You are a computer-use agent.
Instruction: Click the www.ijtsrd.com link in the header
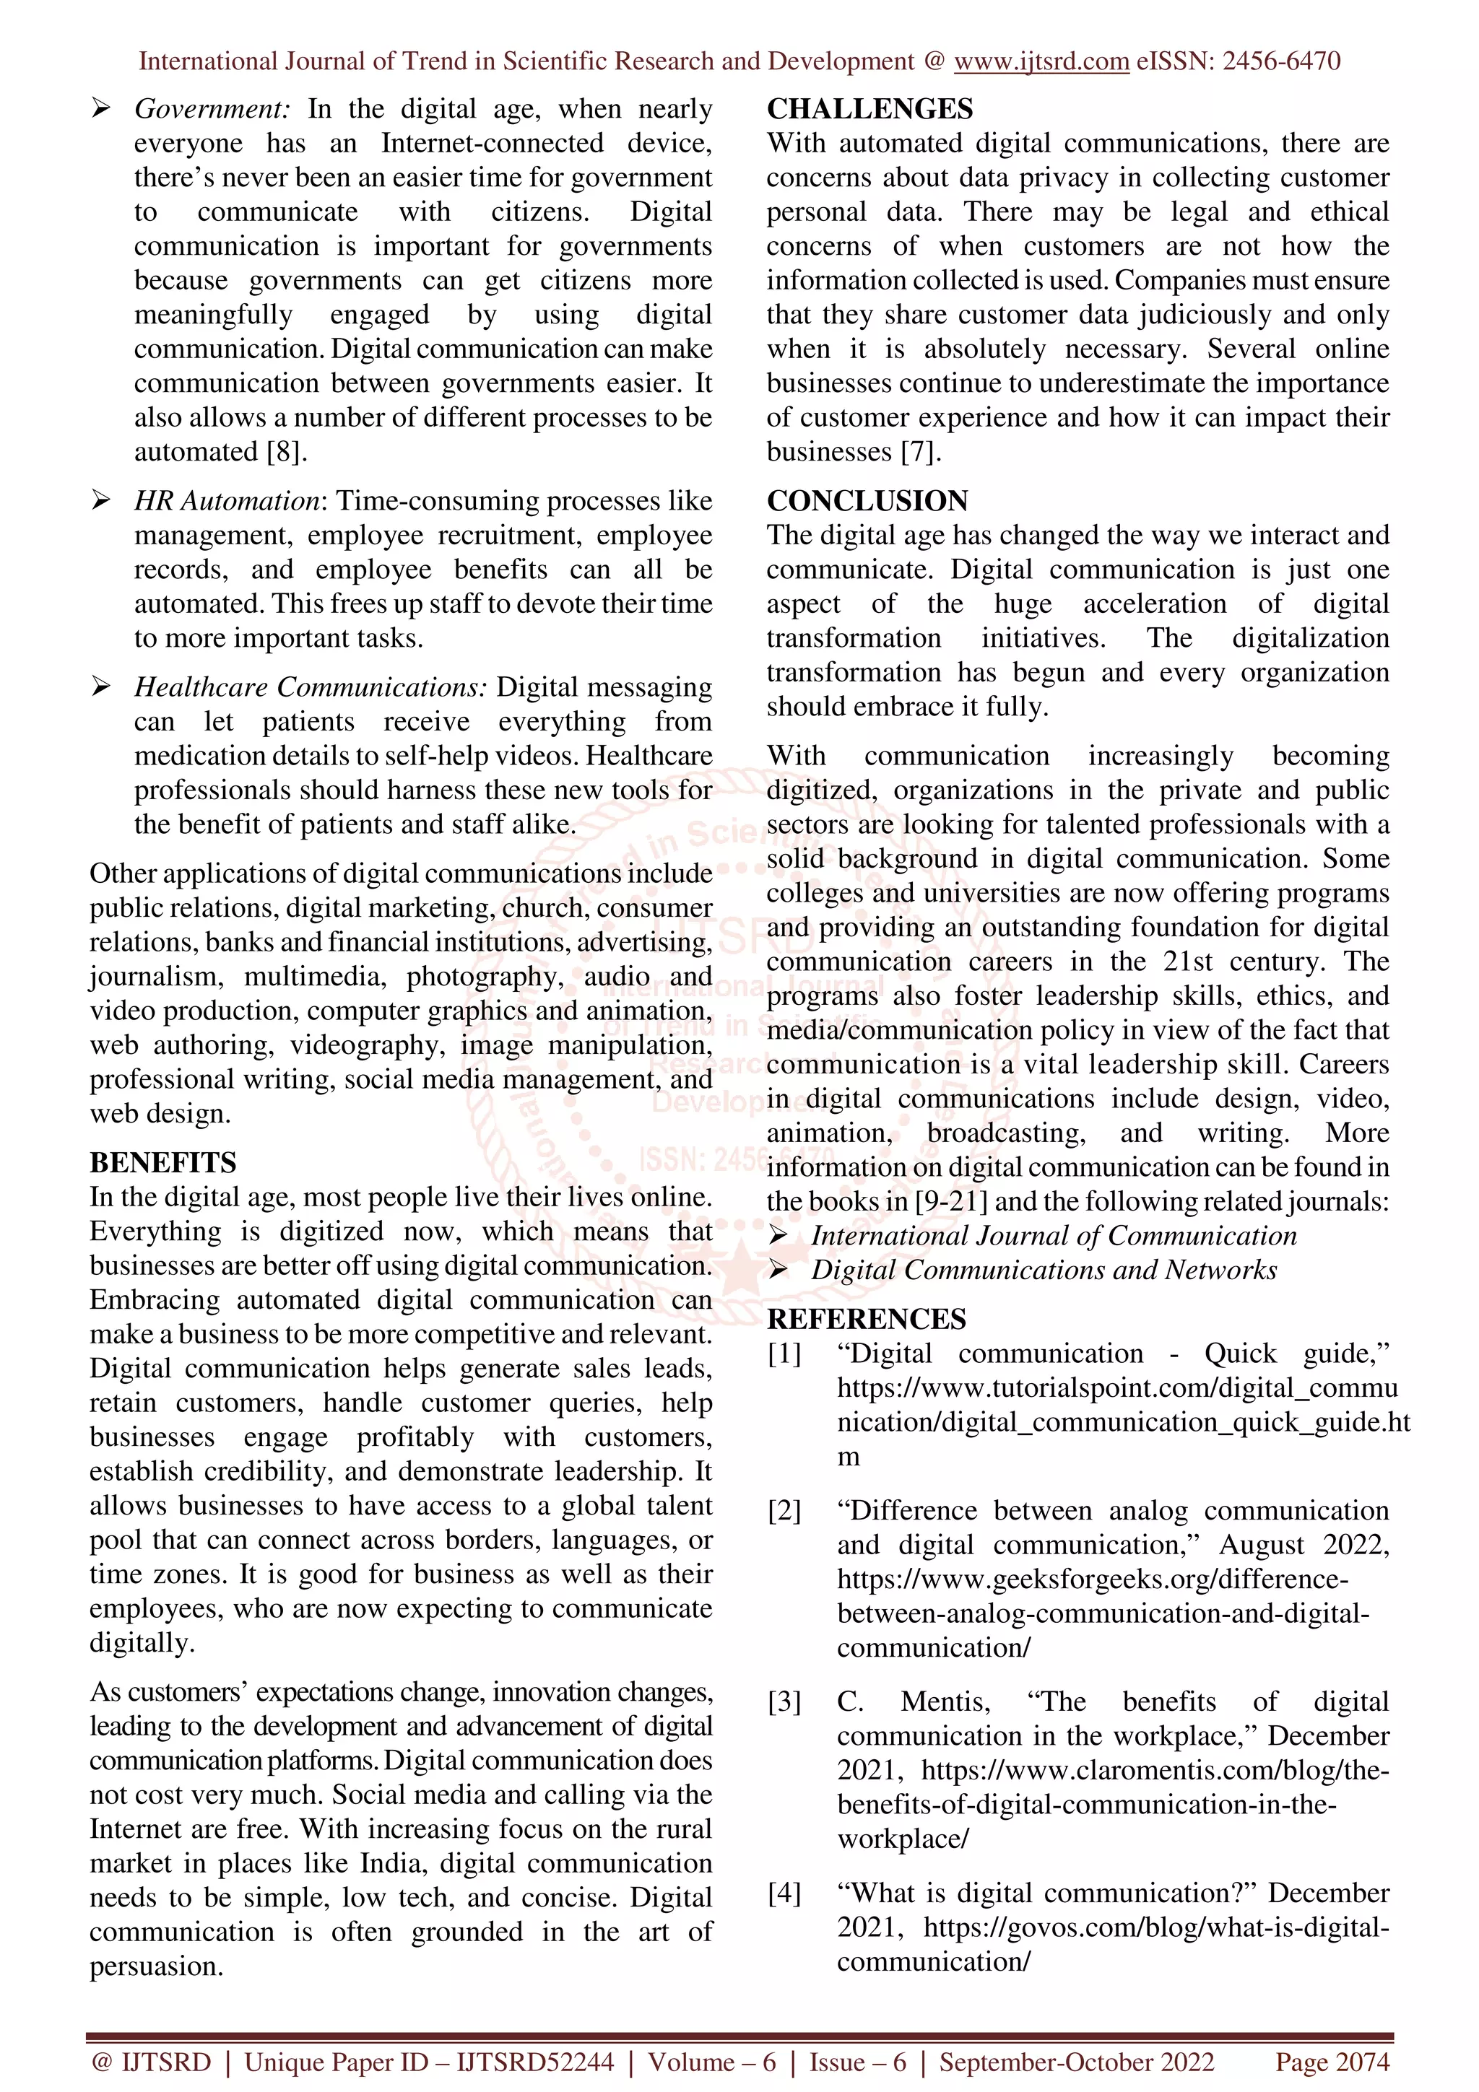(x=1041, y=61)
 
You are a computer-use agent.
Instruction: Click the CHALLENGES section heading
(x=869, y=108)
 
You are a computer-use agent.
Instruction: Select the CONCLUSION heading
(x=867, y=500)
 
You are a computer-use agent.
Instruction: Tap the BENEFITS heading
(x=162, y=1163)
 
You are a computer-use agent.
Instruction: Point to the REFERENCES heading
(x=866, y=1320)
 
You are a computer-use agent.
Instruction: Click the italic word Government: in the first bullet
(x=212, y=109)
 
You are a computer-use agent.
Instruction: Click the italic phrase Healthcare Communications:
(x=310, y=687)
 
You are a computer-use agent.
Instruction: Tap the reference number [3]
(x=784, y=1702)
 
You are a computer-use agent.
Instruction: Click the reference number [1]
(x=784, y=1354)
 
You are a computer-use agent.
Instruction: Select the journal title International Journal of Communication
(x=1054, y=1236)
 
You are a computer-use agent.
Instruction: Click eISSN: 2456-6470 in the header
(x=1238, y=61)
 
